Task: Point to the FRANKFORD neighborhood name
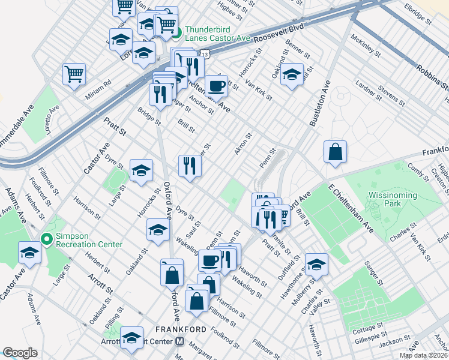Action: click(x=181, y=329)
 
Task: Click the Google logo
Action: click(x=20, y=353)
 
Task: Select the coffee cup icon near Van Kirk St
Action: click(x=216, y=85)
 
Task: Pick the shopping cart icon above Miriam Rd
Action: click(x=74, y=74)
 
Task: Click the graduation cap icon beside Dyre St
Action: click(x=141, y=170)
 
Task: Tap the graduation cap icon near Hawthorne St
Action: click(x=316, y=264)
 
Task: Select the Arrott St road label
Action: click(x=100, y=286)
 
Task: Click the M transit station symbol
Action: click(x=179, y=341)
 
